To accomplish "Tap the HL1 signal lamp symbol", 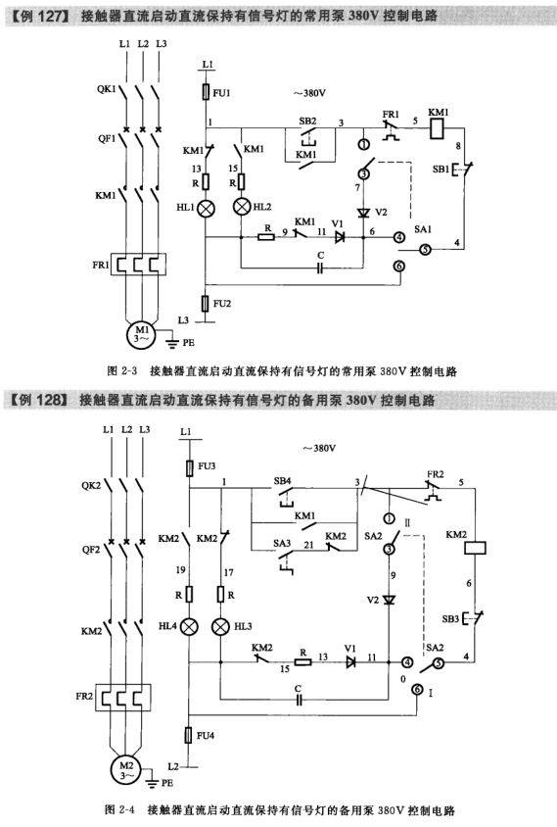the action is tap(206, 209).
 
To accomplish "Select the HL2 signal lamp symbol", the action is tap(242, 206).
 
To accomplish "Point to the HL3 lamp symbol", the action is tap(220, 626).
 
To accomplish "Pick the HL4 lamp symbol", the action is tap(189, 626).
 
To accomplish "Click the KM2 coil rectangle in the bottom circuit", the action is tap(474, 548).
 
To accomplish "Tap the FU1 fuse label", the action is tap(222, 93).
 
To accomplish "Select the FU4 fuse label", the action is tap(206, 735).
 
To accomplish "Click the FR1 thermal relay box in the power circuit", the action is tap(139, 265).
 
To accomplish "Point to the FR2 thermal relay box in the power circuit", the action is tap(122, 698).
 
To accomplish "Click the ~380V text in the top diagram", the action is tap(310, 93).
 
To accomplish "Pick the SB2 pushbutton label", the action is tap(307, 121).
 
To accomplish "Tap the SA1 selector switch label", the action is tap(423, 229).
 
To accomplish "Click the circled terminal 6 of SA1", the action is tap(399, 267).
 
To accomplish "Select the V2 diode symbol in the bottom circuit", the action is tap(389, 600).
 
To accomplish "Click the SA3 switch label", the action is tap(282, 543).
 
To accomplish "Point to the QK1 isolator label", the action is tap(106, 88).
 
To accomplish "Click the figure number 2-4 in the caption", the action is tap(128, 809).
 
